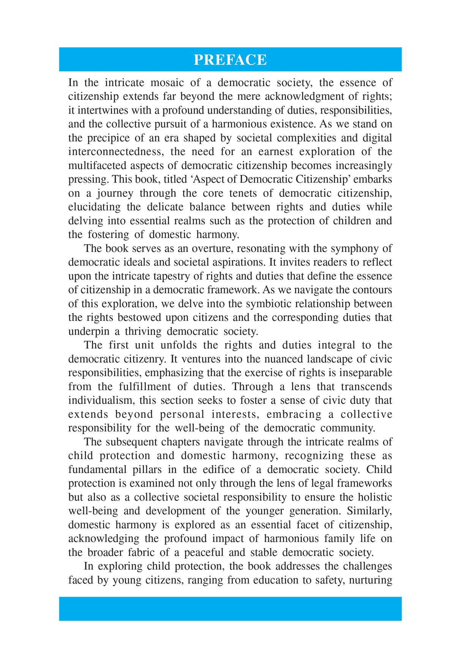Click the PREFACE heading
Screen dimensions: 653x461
coord(230,60)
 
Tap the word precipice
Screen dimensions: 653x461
coord(108,138)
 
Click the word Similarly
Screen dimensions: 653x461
coord(369,511)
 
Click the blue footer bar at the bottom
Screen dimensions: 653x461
coord(230,609)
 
